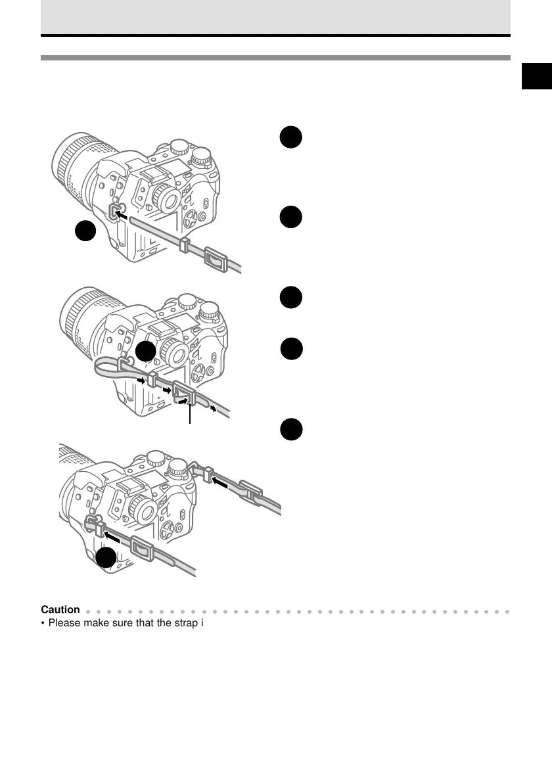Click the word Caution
pos(60,609)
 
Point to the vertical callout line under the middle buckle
pos(191,414)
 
